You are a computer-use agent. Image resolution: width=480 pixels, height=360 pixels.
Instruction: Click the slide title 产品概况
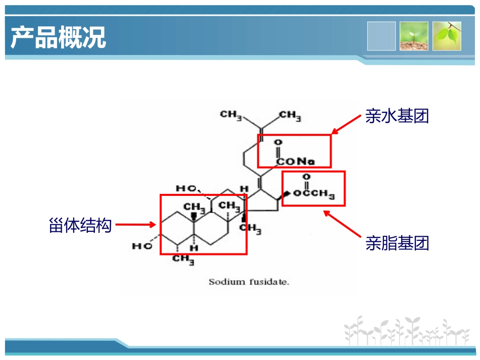coord(58,37)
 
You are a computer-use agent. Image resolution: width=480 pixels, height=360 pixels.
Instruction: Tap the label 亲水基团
coord(397,116)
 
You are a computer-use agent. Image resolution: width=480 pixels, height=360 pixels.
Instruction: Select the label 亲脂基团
coord(397,243)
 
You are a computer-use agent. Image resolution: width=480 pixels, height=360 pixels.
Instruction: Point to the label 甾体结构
coord(80,225)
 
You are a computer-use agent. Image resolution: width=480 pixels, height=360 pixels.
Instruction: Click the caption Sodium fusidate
coord(249,282)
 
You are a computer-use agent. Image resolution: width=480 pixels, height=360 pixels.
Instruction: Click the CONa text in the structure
coord(296,161)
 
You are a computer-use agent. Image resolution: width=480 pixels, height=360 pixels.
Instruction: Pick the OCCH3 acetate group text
coord(314,193)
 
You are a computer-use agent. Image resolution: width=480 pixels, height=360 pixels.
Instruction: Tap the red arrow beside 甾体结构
coord(135,225)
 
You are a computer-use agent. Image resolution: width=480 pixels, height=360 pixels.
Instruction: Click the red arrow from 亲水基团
coord(346,125)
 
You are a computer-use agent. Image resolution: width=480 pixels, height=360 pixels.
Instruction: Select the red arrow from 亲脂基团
coord(342,224)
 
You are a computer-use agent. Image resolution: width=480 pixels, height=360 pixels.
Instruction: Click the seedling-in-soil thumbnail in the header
coord(414,36)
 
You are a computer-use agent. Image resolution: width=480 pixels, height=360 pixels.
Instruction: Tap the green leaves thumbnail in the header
coord(447,36)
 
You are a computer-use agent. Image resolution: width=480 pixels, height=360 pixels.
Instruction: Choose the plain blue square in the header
coord(381,36)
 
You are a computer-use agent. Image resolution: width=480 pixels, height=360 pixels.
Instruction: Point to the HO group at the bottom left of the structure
coord(142,246)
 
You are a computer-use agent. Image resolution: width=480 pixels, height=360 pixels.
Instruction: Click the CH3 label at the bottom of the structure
coord(183,260)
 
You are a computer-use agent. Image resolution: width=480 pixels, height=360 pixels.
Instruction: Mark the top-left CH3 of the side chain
coord(231,115)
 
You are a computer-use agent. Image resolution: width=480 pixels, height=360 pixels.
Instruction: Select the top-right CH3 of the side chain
coord(290,116)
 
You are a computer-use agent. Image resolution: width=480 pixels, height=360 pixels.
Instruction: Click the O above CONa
coord(278,142)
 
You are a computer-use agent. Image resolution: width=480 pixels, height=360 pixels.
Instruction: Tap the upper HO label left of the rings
coord(186,188)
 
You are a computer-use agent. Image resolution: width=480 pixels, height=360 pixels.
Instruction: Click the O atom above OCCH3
coord(306,177)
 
